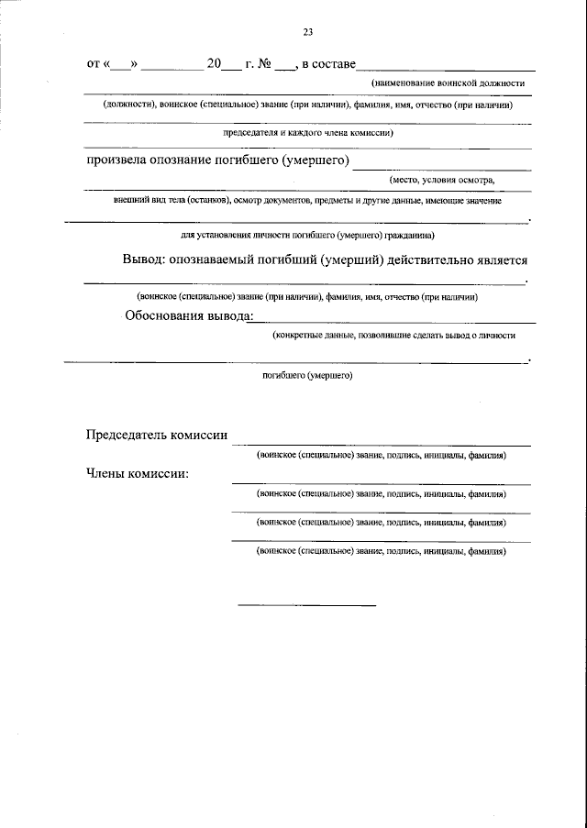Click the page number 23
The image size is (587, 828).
pyautogui.click(x=308, y=33)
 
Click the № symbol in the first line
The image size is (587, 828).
pyautogui.click(x=262, y=64)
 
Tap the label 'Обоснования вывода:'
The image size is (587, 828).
pyautogui.click(x=187, y=316)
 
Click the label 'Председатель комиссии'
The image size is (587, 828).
pyautogui.click(x=156, y=436)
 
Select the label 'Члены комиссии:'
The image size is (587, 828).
pyautogui.click(x=137, y=474)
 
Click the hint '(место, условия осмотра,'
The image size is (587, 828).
pyautogui.click(x=441, y=180)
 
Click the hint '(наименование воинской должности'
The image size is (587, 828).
pyautogui.click(x=448, y=83)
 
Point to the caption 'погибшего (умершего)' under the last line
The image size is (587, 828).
pyautogui.click(x=307, y=375)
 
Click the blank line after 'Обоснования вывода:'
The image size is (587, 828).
pyautogui.click(x=394, y=323)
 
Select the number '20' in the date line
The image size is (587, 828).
pyautogui.click(x=214, y=64)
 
